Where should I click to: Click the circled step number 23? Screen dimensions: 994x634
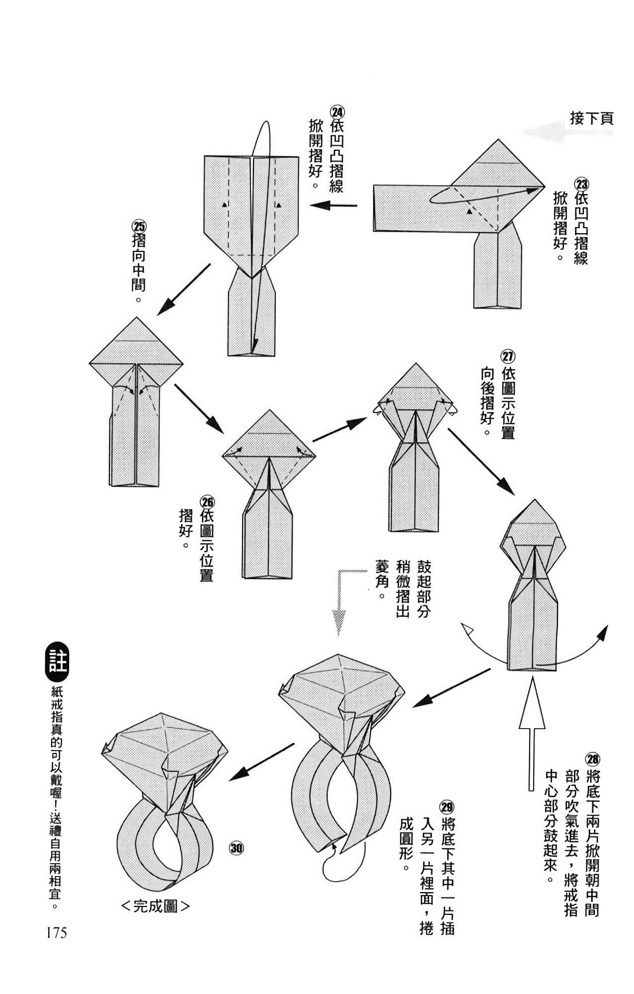point(581,184)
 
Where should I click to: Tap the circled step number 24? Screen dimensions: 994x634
point(337,111)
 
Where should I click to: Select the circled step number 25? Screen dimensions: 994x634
point(139,227)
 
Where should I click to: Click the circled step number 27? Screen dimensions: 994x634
point(508,357)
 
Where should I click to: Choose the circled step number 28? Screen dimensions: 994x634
point(593,759)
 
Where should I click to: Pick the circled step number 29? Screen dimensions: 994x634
point(447,807)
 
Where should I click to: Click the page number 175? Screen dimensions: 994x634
point(56,933)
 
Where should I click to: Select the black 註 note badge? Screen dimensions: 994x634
point(57,663)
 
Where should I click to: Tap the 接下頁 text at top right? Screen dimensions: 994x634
point(592,118)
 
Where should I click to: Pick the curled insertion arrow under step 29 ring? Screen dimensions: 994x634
point(331,863)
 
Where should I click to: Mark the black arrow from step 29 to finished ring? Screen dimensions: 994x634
point(261,763)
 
